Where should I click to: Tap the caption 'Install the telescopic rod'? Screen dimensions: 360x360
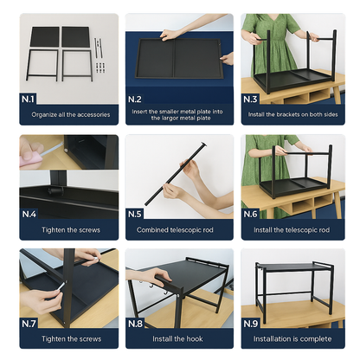tap(292, 230)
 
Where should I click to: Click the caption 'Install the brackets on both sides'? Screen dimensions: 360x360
tap(292, 115)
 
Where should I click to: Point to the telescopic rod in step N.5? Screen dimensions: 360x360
tap(177, 173)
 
